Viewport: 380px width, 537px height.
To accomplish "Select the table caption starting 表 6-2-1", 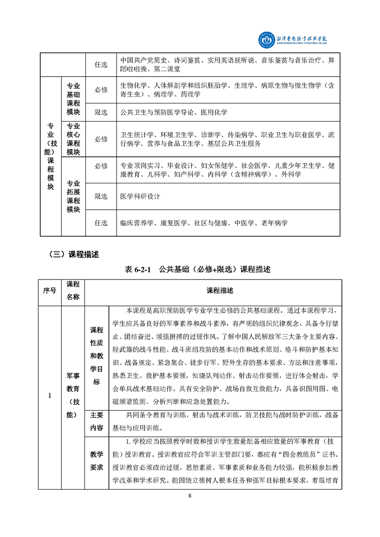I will click(197, 269).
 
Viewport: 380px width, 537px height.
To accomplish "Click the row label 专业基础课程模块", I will click(73, 99).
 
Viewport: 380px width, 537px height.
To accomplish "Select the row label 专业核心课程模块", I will click(73, 138).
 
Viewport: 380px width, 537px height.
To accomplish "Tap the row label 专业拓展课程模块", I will click(73, 196).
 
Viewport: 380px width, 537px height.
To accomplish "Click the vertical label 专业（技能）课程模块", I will click(50, 156).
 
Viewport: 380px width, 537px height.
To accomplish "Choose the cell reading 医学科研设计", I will click(140, 196).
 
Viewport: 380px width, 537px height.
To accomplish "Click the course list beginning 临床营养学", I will click(205, 223).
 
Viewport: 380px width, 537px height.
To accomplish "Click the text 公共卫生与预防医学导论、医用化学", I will click(174, 112).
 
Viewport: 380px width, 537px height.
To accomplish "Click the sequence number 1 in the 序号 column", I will click(50, 395).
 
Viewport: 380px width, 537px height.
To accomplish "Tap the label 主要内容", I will click(96, 422).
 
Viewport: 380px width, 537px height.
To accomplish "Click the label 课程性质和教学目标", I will click(96, 356).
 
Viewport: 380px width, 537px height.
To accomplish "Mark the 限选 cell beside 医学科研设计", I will click(101, 196).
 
